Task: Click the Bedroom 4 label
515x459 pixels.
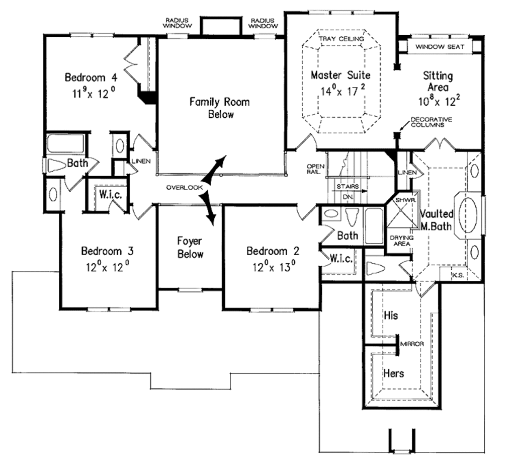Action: pos(91,78)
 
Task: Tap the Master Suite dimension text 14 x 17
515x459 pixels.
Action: pos(340,91)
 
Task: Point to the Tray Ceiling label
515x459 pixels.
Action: pos(340,38)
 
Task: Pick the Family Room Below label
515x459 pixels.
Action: pos(219,108)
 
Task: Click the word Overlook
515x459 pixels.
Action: pos(184,187)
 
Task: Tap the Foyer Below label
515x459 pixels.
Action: pos(190,247)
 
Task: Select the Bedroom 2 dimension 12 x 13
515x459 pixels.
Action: pos(273,266)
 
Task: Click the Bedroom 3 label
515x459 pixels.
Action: pos(107,251)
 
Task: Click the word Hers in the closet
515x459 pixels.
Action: pos(393,373)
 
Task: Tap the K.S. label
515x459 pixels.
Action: pos(457,275)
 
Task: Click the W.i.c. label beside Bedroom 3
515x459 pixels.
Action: pos(109,195)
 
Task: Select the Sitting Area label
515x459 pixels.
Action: pos(437,82)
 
